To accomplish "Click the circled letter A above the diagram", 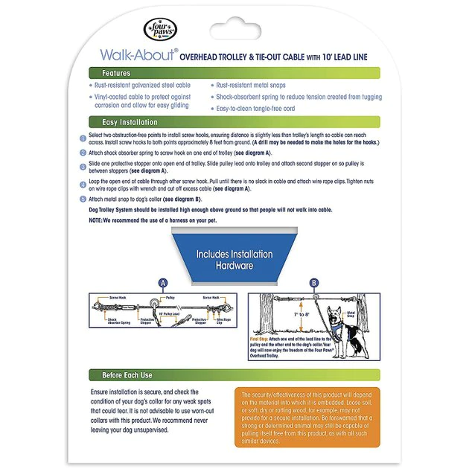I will (164, 283).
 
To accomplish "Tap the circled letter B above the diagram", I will (313, 283).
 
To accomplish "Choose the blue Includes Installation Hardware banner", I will (234, 258).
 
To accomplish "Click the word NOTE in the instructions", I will (96, 220).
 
